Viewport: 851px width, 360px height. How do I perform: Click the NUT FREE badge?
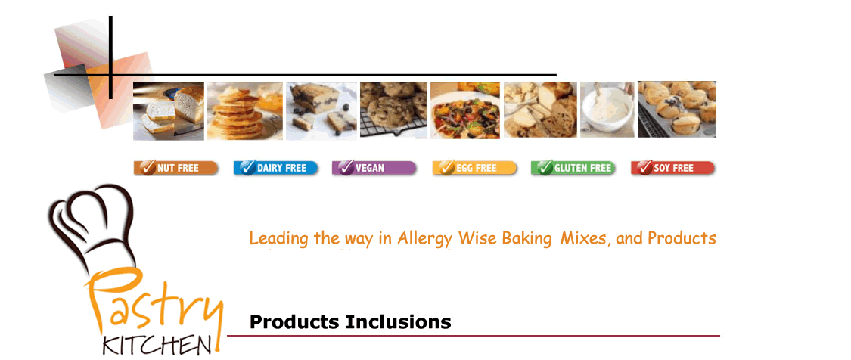pos(175,168)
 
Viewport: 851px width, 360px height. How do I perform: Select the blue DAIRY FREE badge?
pos(275,168)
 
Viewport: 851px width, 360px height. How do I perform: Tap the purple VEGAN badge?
pos(374,168)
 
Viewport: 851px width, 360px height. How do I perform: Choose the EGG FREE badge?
pos(475,168)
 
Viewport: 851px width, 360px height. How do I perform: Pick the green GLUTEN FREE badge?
pos(573,168)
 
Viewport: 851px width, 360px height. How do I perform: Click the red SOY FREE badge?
pos(673,168)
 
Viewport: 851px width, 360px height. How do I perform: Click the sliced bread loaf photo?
pos(169,111)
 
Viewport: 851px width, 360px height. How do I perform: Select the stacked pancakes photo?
pos(245,110)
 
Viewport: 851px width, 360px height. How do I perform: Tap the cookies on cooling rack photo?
pos(393,110)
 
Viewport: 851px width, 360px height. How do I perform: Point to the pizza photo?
pos(465,110)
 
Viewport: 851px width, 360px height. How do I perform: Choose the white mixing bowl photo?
pos(607,110)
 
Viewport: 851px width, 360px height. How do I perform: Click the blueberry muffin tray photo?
pos(677,109)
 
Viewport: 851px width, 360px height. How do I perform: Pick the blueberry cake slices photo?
pos(321,110)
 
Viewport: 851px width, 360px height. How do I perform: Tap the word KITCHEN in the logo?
pos(157,346)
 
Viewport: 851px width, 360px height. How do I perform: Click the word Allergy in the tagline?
pos(426,239)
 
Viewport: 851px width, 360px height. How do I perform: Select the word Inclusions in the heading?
pos(399,322)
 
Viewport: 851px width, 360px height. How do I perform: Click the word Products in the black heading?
pos(295,322)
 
